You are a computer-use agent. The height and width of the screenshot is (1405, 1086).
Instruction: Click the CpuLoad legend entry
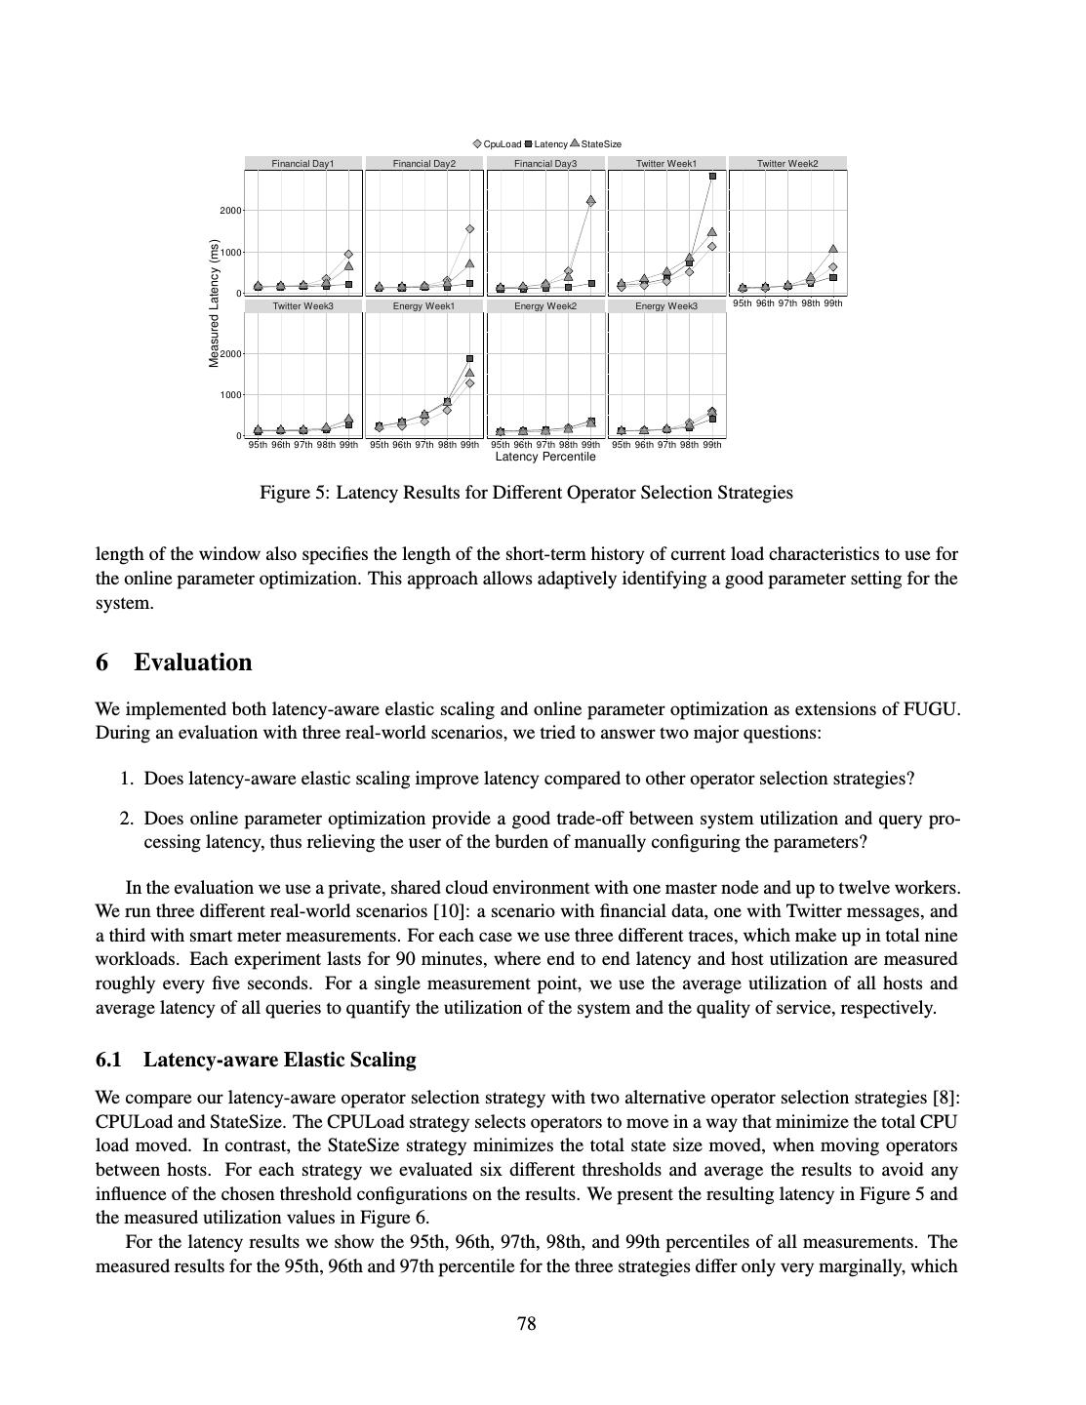click(497, 144)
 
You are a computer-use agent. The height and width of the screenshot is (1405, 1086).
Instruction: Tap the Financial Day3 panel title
click(545, 164)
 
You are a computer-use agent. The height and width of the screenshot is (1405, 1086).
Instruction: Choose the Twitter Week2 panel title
click(787, 164)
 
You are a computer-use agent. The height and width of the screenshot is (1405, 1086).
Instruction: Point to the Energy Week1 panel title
click(423, 306)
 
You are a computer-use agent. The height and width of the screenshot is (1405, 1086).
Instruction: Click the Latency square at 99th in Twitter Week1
click(712, 177)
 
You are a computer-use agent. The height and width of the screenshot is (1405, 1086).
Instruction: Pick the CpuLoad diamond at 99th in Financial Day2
click(469, 229)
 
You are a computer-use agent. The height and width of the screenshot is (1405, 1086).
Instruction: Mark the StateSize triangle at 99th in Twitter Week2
click(833, 250)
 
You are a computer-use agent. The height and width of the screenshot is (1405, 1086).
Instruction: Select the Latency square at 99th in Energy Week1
click(469, 359)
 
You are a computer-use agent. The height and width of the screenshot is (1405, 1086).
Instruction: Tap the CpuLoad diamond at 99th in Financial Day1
click(348, 254)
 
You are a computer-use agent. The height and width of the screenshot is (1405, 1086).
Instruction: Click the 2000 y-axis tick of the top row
click(230, 211)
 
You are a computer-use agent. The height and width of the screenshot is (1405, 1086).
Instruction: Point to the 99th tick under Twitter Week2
click(832, 303)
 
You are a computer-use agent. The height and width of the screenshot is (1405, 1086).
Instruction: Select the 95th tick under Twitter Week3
click(258, 445)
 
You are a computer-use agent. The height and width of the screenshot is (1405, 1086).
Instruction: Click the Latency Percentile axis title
click(545, 457)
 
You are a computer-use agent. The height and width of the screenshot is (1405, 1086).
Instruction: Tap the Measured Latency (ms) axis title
click(214, 303)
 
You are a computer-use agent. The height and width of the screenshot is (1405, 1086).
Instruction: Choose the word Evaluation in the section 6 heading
click(193, 662)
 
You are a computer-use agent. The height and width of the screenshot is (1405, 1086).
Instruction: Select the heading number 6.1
click(108, 1060)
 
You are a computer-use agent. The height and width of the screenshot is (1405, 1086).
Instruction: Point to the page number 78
click(526, 1324)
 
